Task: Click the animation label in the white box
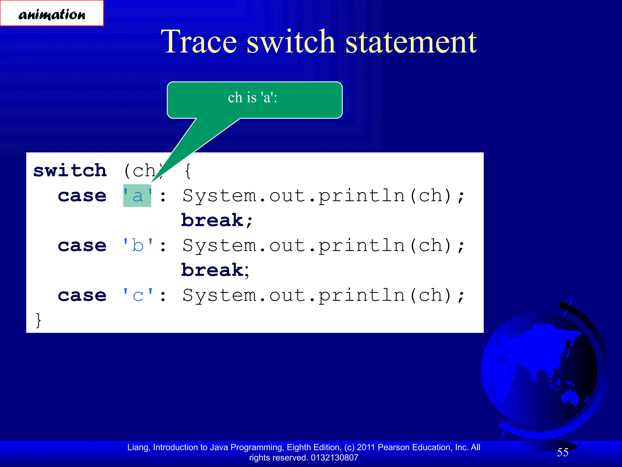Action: tap(52, 14)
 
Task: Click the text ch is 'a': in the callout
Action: tap(252, 98)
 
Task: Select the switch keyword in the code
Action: tap(70, 171)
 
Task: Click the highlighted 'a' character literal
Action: tap(137, 196)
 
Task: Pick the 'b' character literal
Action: tap(138, 246)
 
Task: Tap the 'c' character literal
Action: tap(138, 296)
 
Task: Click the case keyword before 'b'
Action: tap(82, 246)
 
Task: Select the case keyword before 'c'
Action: tap(82, 296)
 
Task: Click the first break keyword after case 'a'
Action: tap(212, 220)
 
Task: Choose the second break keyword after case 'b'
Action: tap(212, 270)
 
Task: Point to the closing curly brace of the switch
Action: tap(38, 320)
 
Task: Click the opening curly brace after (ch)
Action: tap(188, 171)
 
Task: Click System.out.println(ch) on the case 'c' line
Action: tap(317, 296)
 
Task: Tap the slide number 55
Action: tap(562, 452)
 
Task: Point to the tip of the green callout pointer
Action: tap(151, 182)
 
